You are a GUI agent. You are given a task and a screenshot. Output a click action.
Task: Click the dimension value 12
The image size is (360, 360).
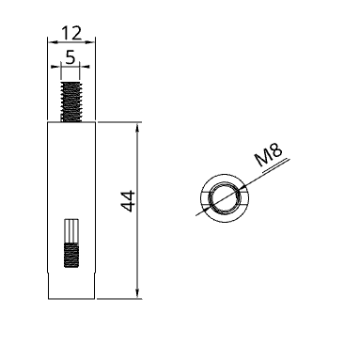[71, 33]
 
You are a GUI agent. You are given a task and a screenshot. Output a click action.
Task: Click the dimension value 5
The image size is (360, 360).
[70, 57]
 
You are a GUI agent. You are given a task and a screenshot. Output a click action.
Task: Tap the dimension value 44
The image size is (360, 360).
[128, 201]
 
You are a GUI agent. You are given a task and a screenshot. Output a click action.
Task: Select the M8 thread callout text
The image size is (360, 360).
[269, 155]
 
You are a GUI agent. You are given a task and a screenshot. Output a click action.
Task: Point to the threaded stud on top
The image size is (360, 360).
[71, 102]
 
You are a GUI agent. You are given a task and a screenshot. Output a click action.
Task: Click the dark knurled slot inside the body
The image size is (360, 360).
[71, 255]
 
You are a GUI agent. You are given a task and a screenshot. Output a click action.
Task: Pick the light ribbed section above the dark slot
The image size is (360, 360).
[71, 231]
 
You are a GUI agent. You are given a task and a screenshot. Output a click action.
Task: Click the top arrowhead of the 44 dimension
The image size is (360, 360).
[137, 128]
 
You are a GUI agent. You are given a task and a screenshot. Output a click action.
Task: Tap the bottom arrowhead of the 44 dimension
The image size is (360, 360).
[137, 293]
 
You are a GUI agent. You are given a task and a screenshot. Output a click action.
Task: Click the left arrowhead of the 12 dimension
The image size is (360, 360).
[52, 41]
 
